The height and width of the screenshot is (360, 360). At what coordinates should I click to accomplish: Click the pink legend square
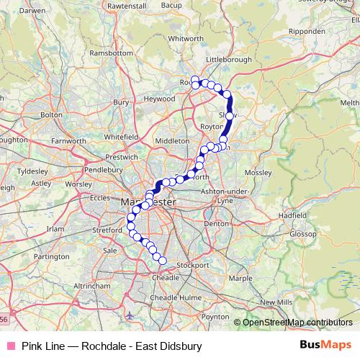9,346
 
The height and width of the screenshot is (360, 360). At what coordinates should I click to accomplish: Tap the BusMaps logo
325,345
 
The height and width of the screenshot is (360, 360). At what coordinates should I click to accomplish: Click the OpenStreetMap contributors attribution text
297,322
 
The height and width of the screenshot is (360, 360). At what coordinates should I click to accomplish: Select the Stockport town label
192,265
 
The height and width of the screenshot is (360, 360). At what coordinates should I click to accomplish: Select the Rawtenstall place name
126,5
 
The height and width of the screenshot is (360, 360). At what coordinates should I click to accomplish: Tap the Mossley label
259,174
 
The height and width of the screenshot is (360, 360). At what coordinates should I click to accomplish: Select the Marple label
240,278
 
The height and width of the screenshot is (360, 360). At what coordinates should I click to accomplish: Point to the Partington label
51,256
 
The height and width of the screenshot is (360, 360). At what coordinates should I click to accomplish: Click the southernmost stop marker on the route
162,261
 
